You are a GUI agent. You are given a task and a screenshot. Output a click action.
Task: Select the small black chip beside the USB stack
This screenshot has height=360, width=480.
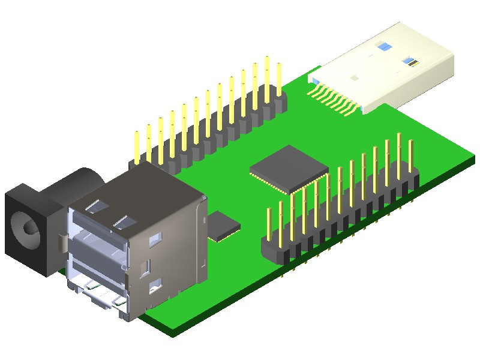tap(224, 226)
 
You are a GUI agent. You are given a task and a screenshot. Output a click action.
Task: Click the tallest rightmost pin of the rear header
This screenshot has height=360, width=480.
tap(278, 75)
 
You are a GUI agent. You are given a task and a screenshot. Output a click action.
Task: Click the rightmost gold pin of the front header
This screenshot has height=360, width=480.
tap(410, 155)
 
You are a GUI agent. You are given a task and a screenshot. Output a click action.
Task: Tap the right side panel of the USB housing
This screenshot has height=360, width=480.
tap(174, 252)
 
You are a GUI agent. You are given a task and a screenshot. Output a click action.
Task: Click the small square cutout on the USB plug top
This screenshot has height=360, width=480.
tap(355, 77)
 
